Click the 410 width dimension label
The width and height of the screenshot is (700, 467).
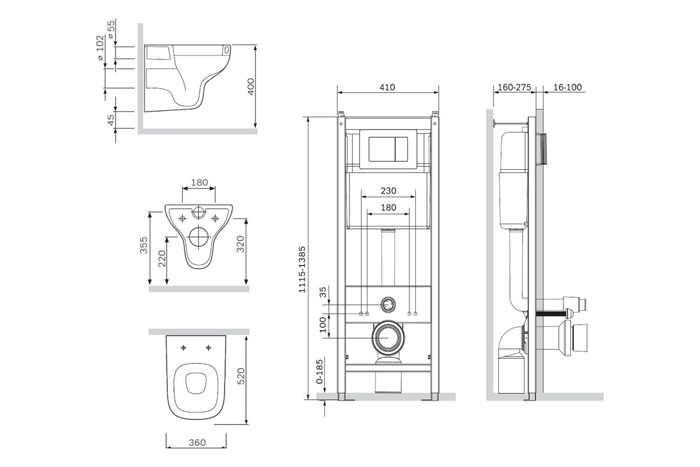click(387, 87)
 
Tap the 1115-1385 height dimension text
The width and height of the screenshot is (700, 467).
click(302, 270)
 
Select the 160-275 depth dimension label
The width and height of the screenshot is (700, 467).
click(514, 87)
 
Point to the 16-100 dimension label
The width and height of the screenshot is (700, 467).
click(568, 87)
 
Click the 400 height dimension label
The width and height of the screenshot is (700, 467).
click(251, 86)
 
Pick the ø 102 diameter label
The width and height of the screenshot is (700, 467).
click(100, 47)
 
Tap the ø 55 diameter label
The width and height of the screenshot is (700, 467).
click(111, 29)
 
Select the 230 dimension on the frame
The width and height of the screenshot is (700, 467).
click(388, 190)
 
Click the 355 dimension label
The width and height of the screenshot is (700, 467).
click(143, 245)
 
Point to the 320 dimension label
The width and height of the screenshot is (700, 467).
click(240, 244)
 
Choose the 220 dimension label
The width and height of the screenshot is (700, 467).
click(162, 259)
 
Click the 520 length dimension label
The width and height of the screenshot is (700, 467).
click(240, 376)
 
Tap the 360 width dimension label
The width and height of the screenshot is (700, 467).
click(197, 442)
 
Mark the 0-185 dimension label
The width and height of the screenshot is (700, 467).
click(319, 371)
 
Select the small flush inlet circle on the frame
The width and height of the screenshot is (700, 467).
click(388, 304)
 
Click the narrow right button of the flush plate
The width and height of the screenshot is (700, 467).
click(401, 149)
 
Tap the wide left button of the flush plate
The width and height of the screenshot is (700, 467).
click(382, 149)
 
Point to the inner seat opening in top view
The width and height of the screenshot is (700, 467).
click(196, 383)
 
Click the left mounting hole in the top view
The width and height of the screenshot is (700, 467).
click(183, 347)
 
